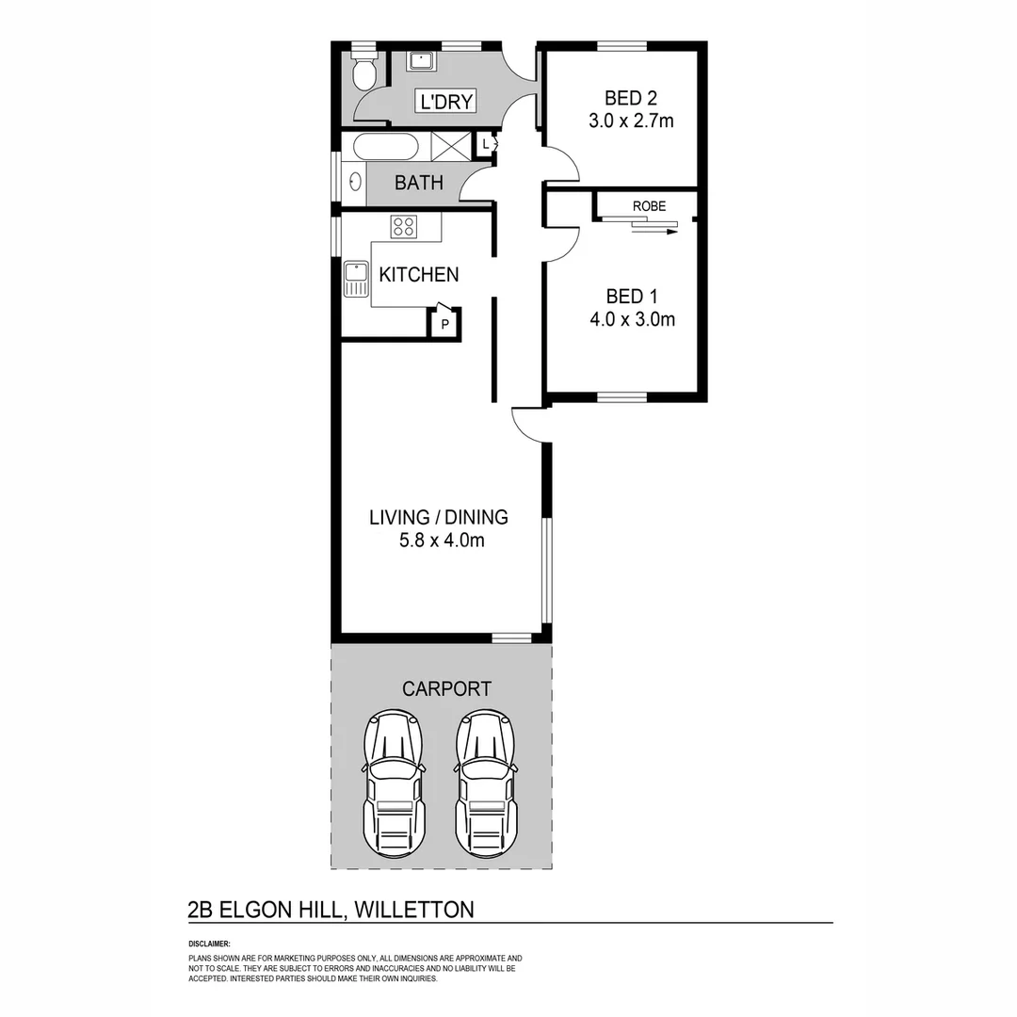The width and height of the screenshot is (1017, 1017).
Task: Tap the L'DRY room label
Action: tap(447, 102)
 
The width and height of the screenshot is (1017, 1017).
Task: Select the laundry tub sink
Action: tap(420, 61)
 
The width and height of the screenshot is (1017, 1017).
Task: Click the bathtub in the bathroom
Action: tap(385, 147)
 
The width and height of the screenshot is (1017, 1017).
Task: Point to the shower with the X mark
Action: tap(450, 147)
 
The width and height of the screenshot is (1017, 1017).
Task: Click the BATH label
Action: tap(419, 183)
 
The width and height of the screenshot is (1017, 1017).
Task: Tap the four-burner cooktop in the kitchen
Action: tap(404, 226)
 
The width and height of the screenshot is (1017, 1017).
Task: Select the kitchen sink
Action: tap(356, 279)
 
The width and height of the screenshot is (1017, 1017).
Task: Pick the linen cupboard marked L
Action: tap(484, 144)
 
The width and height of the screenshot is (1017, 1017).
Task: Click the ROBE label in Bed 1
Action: tap(649, 206)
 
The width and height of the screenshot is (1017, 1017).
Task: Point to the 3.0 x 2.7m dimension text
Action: tap(631, 121)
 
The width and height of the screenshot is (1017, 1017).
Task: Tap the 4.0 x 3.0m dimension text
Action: tap(632, 319)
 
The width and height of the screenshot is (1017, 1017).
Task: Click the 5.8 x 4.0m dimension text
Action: tap(439, 541)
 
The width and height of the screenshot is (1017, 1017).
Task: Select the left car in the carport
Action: tap(394, 784)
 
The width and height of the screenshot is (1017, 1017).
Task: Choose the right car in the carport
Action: tap(486, 784)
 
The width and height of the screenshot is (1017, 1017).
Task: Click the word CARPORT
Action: tap(446, 689)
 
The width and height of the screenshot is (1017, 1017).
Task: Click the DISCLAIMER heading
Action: tap(209, 943)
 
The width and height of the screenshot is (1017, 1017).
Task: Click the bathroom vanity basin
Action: tap(355, 183)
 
